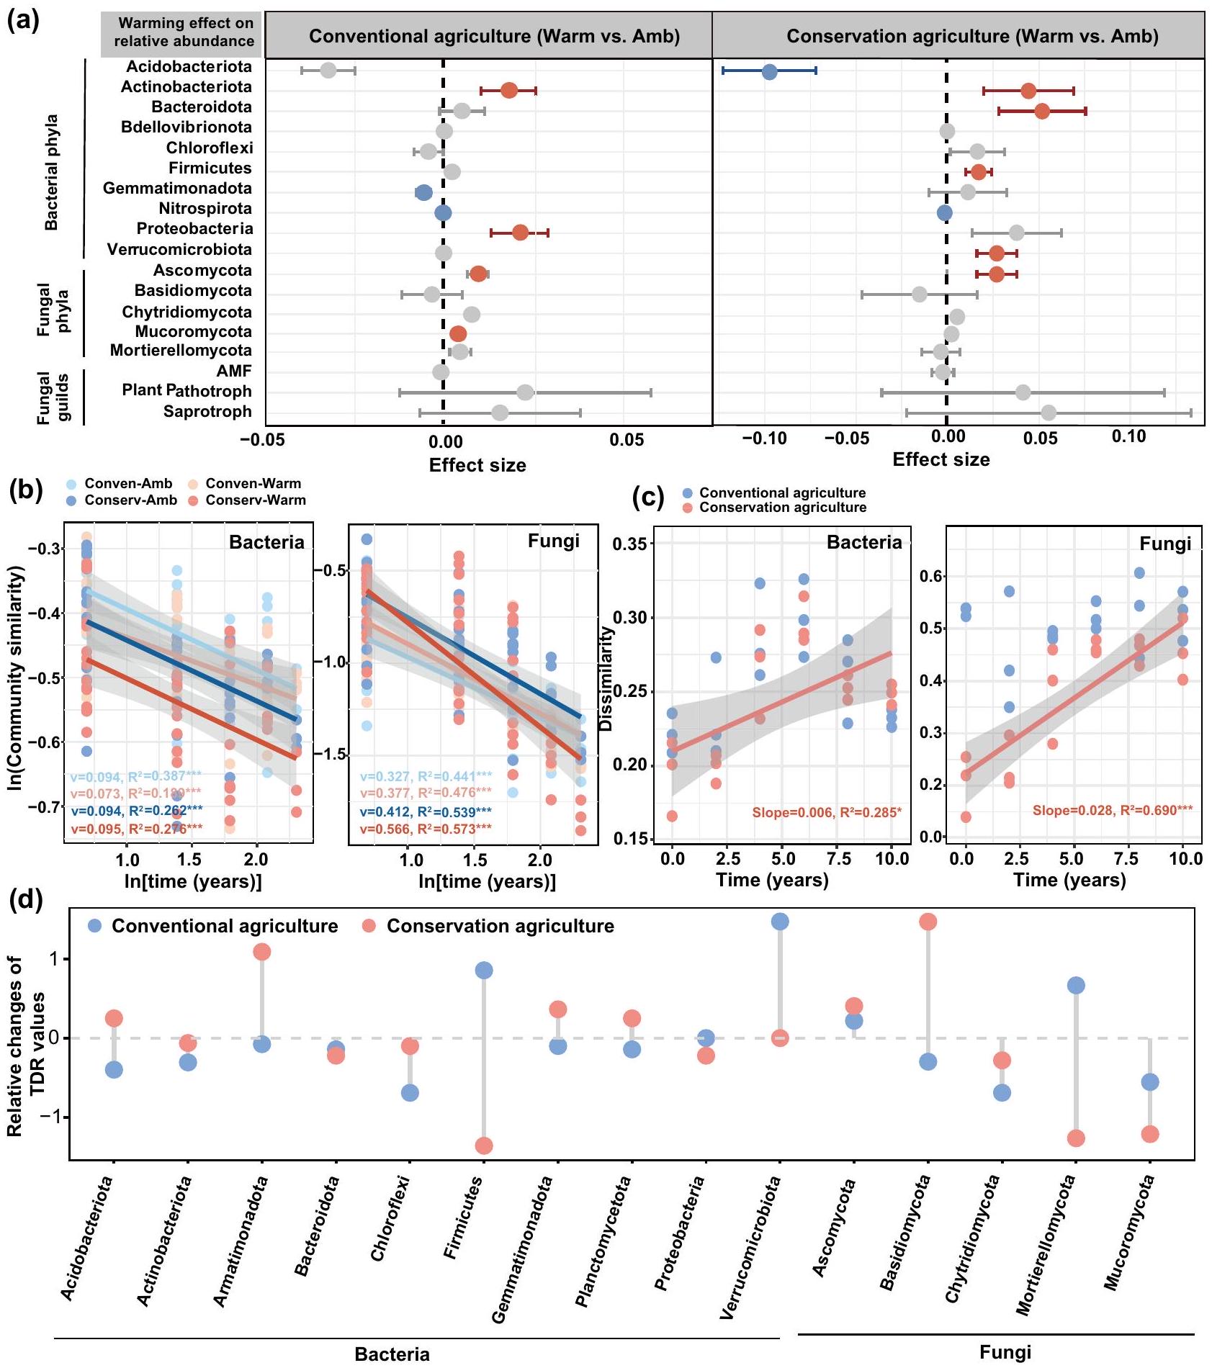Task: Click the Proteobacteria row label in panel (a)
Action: [194, 229]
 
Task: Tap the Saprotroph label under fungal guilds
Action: [207, 412]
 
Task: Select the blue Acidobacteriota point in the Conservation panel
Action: [769, 71]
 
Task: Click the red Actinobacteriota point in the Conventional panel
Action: [509, 91]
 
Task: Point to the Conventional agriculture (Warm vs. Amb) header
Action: [494, 37]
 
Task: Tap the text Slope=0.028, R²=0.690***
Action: [1112, 810]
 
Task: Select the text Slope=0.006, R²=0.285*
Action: [826, 813]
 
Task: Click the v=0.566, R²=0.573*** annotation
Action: [425, 829]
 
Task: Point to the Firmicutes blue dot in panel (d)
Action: [484, 971]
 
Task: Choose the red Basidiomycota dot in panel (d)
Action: [928, 922]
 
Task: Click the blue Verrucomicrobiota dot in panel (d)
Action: [780, 922]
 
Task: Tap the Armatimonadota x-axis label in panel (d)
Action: [241, 1241]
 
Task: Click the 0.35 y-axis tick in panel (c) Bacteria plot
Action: [630, 544]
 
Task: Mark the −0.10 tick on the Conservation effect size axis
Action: [765, 438]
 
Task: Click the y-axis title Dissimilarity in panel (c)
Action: [606, 678]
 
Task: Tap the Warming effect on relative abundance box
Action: [184, 32]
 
